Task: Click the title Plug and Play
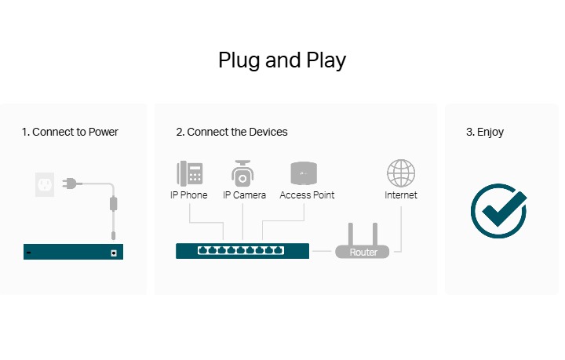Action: (x=282, y=60)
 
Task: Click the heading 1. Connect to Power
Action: (x=70, y=132)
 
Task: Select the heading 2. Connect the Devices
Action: (x=231, y=132)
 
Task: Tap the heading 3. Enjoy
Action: (x=485, y=132)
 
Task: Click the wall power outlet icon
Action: (x=45, y=184)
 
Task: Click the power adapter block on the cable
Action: (x=113, y=204)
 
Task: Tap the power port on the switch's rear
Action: (x=115, y=253)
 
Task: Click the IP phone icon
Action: (x=189, y=173)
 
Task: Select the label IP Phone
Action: (x=189, y=195)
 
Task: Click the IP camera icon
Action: (x=242, y=173)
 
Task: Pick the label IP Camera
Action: (x=244, y=195)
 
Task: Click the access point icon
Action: (x=303, y=173)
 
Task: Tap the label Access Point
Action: (x=307, y=195)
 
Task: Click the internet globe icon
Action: (x=401, y=173)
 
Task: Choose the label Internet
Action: (x=401, y=195)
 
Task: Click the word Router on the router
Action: (x=363, y=253)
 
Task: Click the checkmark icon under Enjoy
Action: (x=498, y=210)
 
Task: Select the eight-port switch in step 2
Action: (x=242, y=251)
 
